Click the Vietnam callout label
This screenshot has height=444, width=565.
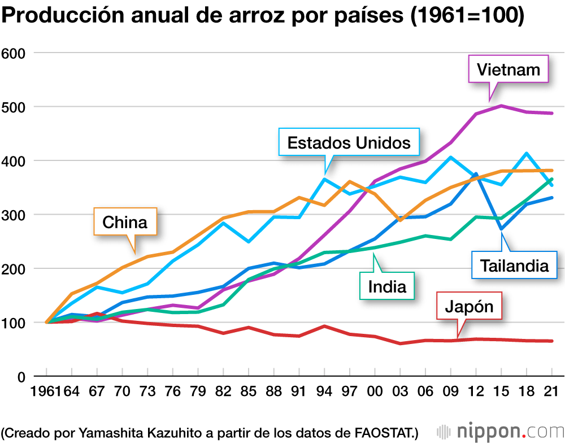point(508,69)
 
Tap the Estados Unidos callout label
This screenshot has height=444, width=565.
point(349,142)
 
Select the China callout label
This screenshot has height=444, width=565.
point(125,222)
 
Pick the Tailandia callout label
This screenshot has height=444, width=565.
point(514,265)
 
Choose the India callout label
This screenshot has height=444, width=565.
point(387,286)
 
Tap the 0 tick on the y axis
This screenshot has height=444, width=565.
point(21,377)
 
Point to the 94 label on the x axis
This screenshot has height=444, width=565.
point(324,391)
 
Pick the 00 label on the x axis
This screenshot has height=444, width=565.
point(375,391)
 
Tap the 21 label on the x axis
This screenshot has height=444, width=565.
point(551,391)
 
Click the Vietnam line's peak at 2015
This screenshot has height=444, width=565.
point(501,106)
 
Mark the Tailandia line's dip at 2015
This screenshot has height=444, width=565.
point(501,229)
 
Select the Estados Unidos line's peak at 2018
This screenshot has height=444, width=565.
point(527,153)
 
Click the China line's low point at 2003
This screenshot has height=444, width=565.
point(400,220)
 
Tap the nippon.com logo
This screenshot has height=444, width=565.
point(499,432)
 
